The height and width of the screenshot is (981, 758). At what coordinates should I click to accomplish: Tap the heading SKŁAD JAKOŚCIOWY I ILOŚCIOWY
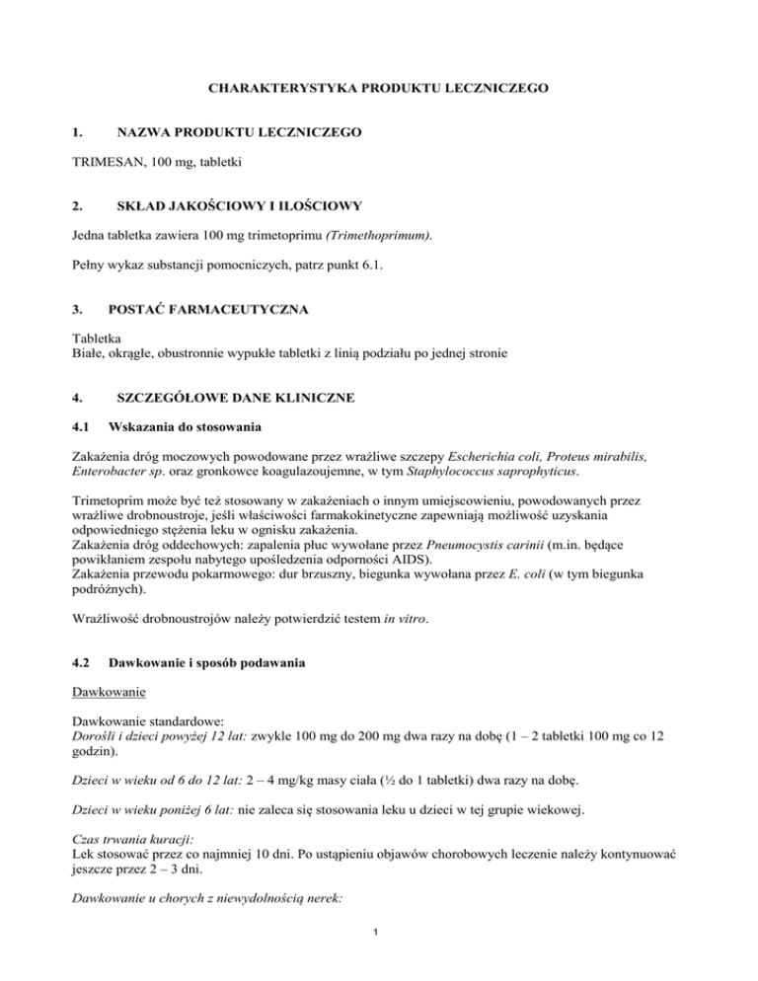pos(239,206)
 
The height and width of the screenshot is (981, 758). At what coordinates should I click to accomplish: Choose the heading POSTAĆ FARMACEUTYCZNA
pos(212,310)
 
